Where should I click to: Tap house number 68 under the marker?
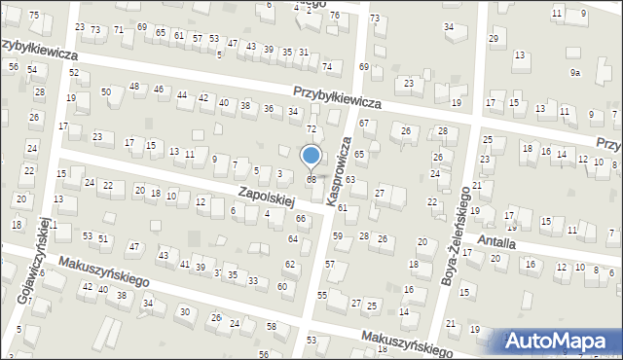tap(311, 179)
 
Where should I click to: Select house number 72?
tap(311, 129)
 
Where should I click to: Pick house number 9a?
tap(575, 73)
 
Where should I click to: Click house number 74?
tap(327, 66)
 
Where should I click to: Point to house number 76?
tap(334, 16)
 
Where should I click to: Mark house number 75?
tap(34, 16)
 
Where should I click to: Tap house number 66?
tap(301, 219)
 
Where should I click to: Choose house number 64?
tap(293, 238)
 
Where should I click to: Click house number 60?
tap(281, 286)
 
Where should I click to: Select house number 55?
tap(322, 294)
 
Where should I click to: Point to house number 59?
tap(338, 236)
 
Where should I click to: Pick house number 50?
tap(106, 91)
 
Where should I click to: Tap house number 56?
tap(14, 66)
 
